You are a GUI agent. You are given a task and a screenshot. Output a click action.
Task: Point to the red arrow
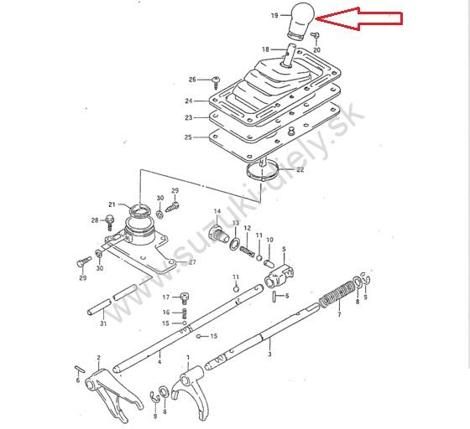tap(359, 18)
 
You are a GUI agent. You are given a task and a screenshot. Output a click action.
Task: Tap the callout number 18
tap(265, 49)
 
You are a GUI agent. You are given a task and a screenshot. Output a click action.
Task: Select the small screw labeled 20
tap(316, 36)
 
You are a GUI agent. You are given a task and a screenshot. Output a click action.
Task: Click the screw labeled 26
tap(216, 82)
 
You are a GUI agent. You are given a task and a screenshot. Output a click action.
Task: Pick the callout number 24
tap(189, 101)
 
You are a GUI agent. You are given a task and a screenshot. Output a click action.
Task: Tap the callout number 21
tap(112, 204)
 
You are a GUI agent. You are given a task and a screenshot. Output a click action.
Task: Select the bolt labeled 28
tap(109, 222)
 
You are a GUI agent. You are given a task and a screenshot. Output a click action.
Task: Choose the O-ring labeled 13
tap(235, 244)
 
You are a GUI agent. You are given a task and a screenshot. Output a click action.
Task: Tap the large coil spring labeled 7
tap(337, 294)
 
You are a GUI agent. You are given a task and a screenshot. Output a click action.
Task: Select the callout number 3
tap(269, 354)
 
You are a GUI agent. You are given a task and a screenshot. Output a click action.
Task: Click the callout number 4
tap(159, 362)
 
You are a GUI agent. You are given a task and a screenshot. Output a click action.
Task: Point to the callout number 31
tap(103, 323)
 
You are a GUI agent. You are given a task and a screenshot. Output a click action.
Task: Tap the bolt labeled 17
tap(185, 298)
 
